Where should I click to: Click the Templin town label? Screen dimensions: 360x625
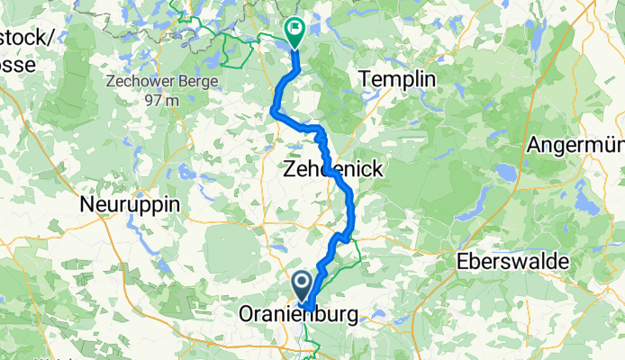[397, 80]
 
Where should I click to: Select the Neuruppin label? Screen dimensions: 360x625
[130, 204]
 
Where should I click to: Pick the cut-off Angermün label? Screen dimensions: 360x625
[576, 144]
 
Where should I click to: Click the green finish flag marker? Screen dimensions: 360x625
[294, 31]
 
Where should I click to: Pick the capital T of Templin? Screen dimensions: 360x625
[365, 80]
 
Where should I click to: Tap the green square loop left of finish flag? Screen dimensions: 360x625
[237, 49]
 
